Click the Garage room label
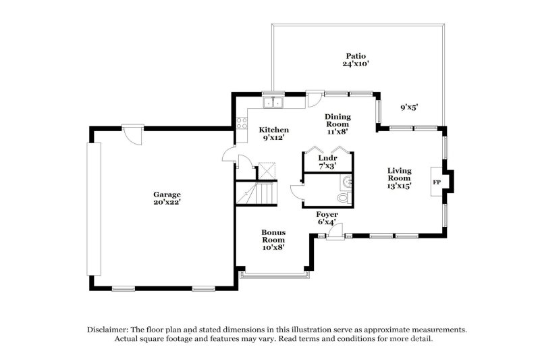166,194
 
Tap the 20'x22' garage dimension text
166,202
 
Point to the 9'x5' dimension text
410,107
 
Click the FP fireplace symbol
436,182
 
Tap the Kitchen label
274,130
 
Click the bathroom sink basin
346,181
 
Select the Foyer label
327,215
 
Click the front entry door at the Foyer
333,232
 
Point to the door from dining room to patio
314,99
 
